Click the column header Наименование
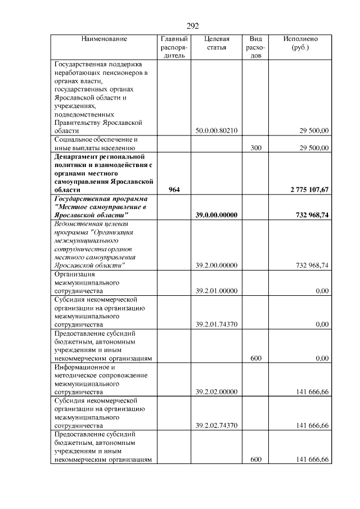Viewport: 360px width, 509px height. [x=104, y=39]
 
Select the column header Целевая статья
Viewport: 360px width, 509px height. [x=217, y=43]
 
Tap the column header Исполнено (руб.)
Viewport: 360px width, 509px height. [x=301, y=43]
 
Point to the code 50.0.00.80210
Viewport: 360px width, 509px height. [x=217, y=130]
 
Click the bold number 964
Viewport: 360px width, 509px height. [x=174, y=190]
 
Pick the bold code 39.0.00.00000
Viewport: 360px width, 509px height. [x=217, y=215]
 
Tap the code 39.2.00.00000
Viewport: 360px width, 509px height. [x=217, y=265]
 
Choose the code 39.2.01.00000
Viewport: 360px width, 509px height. [x=217, y=291]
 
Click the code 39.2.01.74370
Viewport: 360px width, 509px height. [x=217, y=325]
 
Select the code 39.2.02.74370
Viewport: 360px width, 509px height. [x=217, y=426]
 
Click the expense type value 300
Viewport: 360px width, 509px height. [x=256, y=148]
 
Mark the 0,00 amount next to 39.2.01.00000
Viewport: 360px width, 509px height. [x=322, y=291]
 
